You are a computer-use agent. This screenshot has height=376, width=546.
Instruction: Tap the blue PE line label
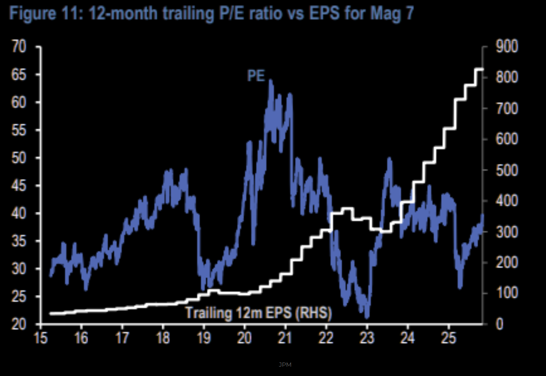256,76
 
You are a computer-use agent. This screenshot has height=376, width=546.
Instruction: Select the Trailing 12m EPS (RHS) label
258,313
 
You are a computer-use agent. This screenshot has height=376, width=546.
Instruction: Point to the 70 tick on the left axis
18,47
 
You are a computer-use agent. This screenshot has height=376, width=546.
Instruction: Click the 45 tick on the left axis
18,186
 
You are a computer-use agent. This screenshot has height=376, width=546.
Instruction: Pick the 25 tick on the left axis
18,297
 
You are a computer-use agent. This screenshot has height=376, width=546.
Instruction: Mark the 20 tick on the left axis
18,325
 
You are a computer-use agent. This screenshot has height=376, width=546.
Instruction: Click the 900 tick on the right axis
507,47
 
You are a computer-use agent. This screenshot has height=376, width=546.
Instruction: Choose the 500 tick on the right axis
507,170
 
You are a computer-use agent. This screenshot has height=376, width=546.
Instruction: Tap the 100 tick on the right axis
507,293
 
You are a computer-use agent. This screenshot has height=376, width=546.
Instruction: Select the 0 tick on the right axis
500,325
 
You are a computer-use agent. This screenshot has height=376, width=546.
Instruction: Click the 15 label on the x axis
41,338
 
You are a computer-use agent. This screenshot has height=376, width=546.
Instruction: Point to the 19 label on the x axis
204,338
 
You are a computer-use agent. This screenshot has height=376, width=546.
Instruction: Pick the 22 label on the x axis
326,338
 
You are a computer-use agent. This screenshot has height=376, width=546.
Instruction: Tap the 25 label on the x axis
448,338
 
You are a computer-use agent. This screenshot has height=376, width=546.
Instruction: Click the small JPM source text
285,365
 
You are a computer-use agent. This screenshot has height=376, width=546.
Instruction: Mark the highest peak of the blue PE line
271,81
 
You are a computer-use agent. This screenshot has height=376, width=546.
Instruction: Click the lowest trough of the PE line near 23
367,317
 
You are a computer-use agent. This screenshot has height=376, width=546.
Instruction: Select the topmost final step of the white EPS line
479,69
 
